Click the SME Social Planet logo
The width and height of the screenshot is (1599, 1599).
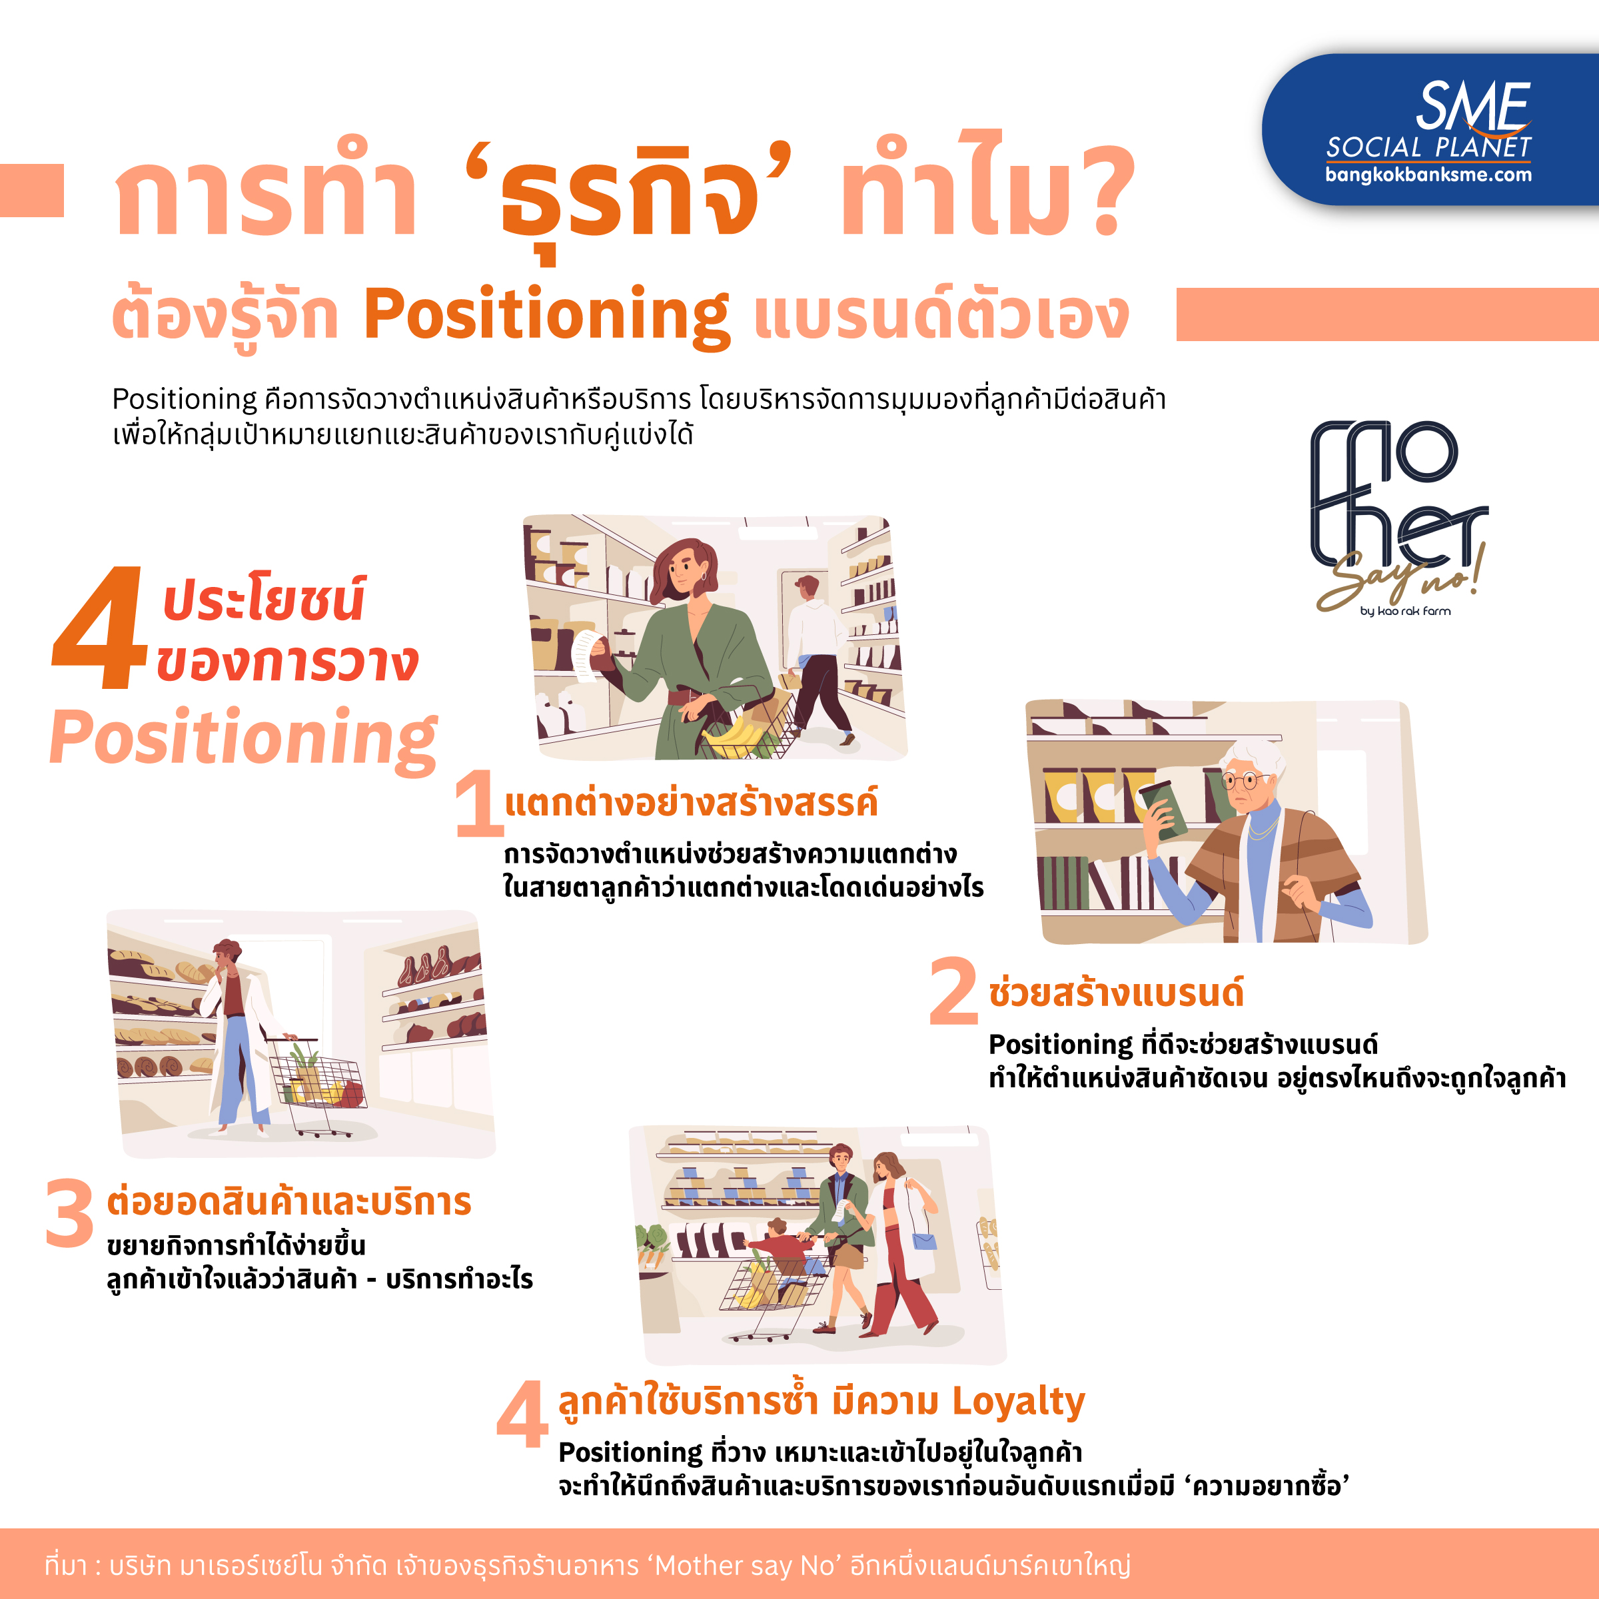(1428, 130)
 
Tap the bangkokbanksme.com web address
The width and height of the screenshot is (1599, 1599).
(1428, 175)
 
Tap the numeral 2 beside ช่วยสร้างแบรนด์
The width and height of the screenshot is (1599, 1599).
(953, 991)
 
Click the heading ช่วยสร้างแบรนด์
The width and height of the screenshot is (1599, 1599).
(1117, 992)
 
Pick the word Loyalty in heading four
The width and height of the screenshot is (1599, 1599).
(1018, 1402)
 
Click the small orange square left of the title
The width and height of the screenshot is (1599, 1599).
(31, 191)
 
